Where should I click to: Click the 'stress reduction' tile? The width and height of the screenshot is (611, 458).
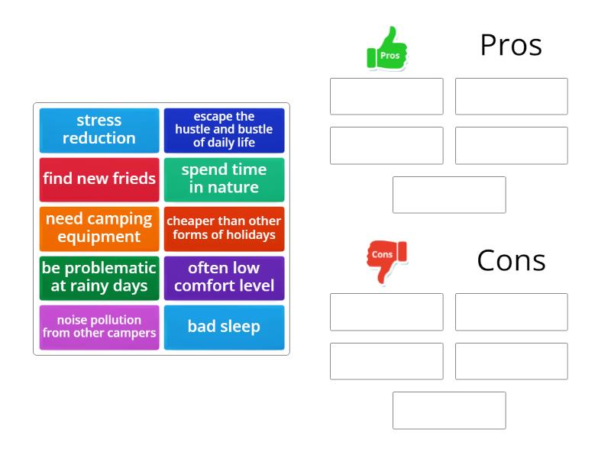(99, 131)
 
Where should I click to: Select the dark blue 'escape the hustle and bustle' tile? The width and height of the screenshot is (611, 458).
(224, 131)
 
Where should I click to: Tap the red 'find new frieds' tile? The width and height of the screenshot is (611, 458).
(99, 179)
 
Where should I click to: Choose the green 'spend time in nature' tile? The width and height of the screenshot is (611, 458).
(224, 179)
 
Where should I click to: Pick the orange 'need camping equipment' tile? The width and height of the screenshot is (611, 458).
(99, 229)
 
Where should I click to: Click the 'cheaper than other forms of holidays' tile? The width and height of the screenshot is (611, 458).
(224, 229)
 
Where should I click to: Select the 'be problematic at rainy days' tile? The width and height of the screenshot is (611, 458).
(99, 278)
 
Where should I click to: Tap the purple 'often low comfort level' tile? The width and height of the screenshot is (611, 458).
(224, 278)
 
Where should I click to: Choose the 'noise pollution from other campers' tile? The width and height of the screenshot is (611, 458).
(99, 327)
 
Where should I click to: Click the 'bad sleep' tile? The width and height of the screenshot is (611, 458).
(224, 327)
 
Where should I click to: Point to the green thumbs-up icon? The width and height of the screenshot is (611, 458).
(387, 49)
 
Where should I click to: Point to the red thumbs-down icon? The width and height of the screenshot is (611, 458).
(386, 262)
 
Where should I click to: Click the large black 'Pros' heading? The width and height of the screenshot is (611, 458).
(511, 45)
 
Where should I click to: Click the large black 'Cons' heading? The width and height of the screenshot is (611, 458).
(511, 260)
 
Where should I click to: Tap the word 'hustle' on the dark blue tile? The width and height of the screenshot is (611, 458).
(188, 129)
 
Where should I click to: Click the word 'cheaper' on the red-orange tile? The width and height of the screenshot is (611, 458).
(191, 221)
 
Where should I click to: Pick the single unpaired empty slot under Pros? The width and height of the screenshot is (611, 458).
(449, 195)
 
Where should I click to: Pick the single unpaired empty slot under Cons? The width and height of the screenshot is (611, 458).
(449, 411)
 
